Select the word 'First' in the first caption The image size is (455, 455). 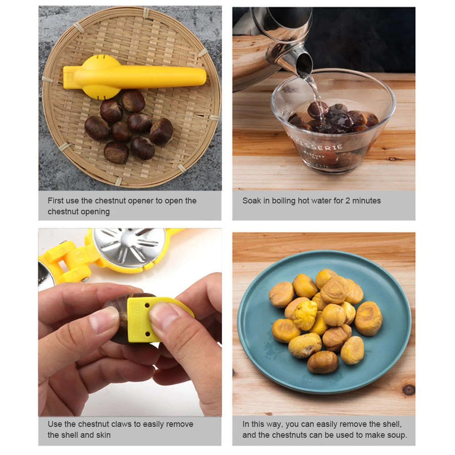(55, 201)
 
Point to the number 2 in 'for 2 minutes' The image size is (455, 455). (347, 201)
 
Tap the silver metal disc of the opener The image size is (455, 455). (129, 247)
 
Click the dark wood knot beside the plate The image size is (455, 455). (408, 390)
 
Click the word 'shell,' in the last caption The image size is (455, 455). (391, 424)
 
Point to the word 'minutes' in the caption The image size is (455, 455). (366, 201)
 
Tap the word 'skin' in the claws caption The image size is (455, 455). (104, 435)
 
